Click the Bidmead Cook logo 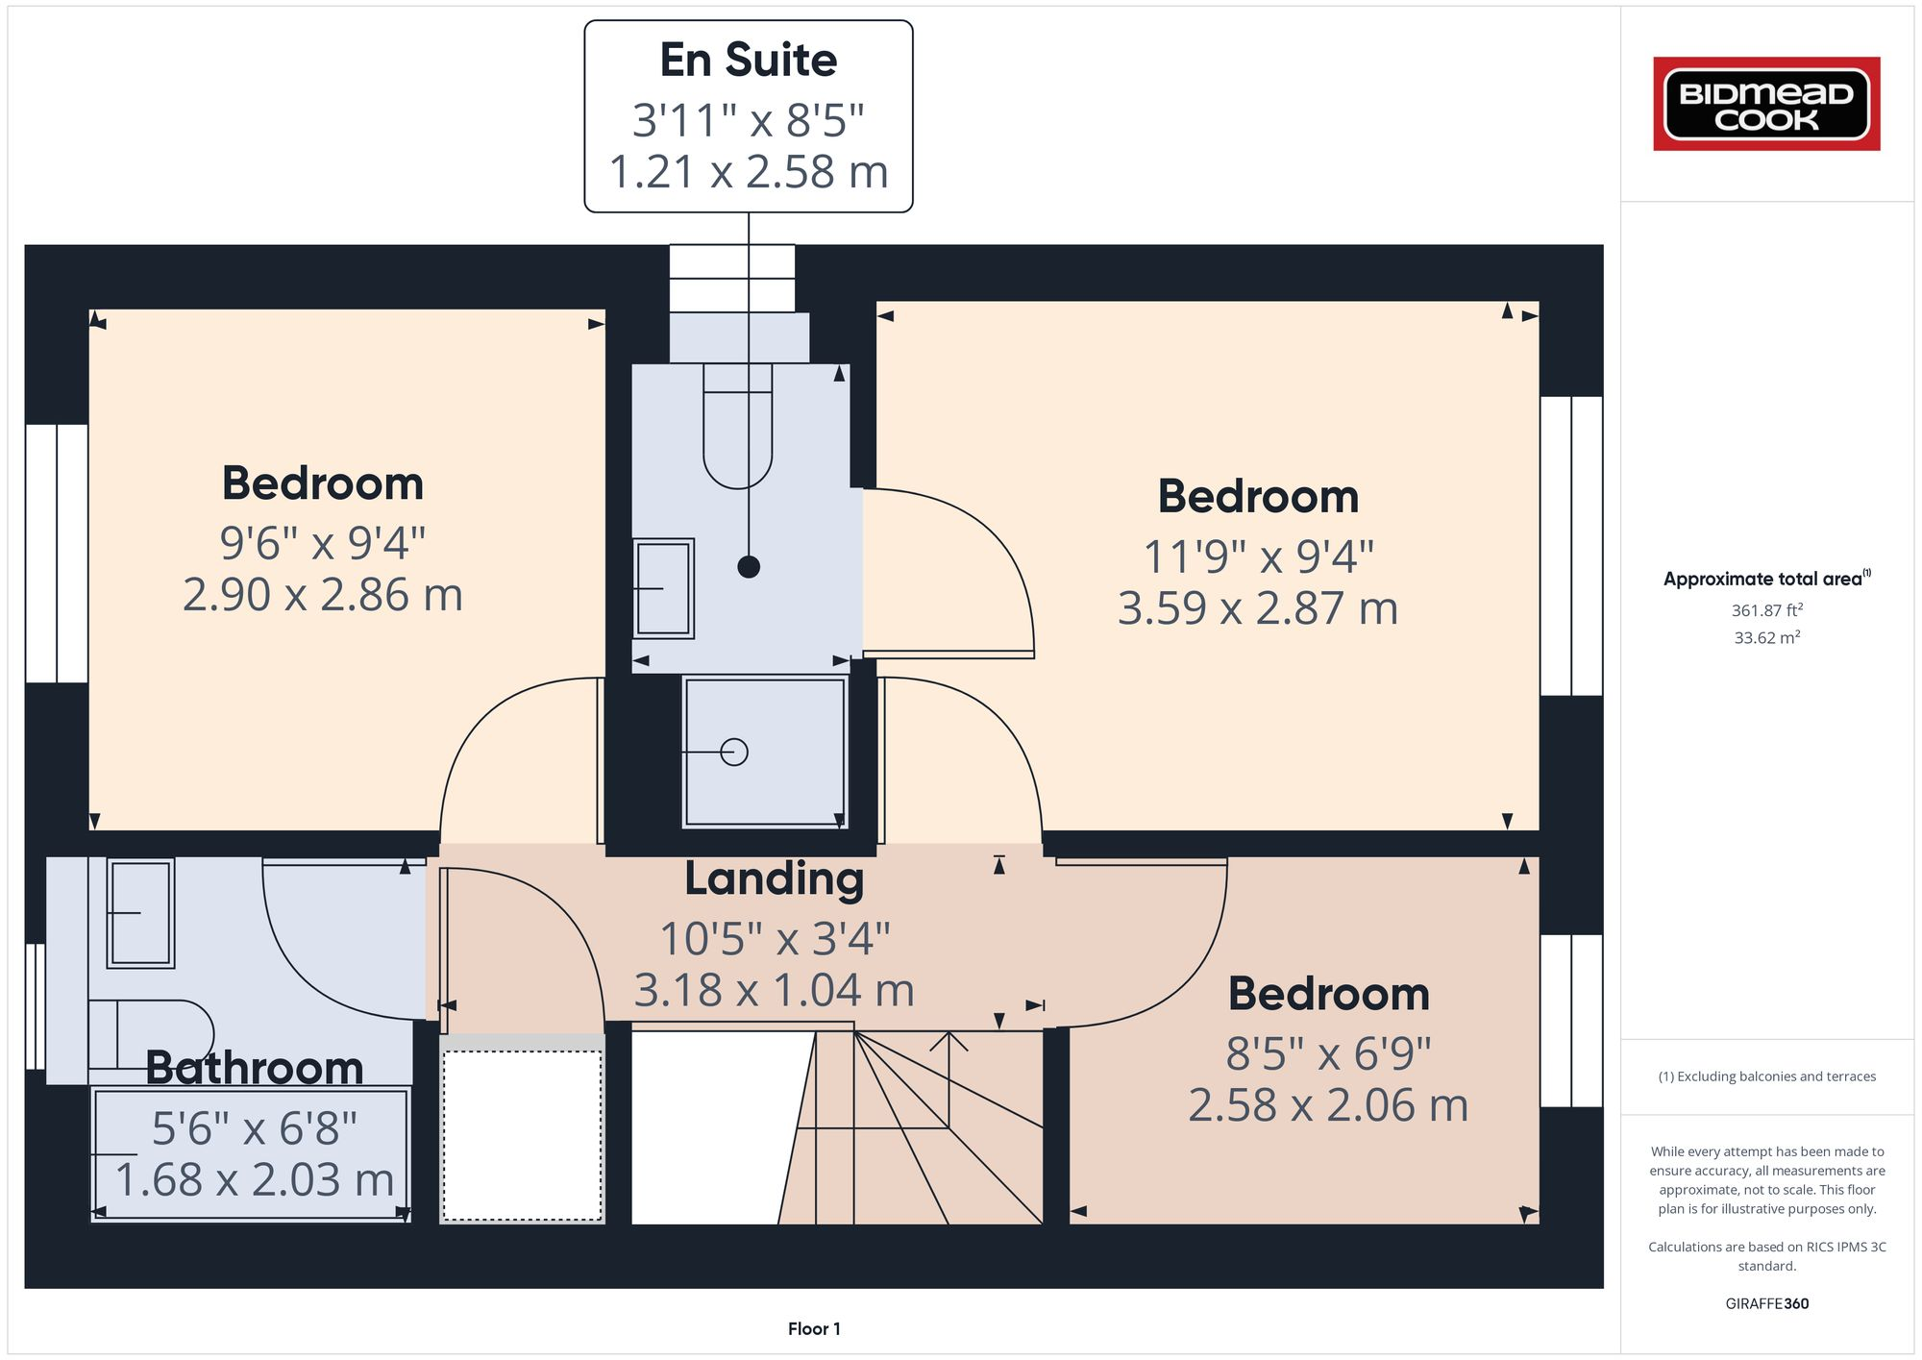pos(1766,104)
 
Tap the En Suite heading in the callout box pos(748,60)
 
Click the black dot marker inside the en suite pos(749,566)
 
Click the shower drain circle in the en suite pos(734,752)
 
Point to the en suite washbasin pos(663,588)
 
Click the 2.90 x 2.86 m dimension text pos(323,595)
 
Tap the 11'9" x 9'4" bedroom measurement pos(1258,556)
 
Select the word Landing pos(774,878)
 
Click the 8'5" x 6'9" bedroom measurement pos(1328,1054)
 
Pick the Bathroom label pos(255,1068)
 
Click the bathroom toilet pos(154,1033)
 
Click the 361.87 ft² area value pos(1766,610)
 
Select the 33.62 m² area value pos(1766,637)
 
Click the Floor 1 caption pos(814,1328)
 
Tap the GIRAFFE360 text pos(1766,1303)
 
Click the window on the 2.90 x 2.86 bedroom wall pos(57,554)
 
